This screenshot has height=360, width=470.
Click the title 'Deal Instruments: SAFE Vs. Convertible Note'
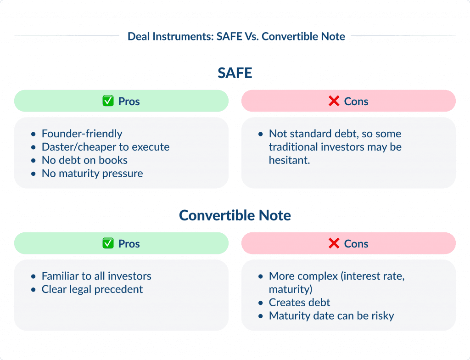click(x=236, y=36)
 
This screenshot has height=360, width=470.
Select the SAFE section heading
click(x=235, y=73)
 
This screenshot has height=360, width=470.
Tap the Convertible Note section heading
click(x=235, y=215)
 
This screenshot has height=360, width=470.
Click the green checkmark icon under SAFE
click(x=108, y=101)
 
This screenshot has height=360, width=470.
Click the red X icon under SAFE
click(x=334, y=101)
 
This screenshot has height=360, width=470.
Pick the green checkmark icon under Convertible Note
click(x=108, y=243)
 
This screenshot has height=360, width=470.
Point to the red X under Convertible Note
click(x=334, y=243)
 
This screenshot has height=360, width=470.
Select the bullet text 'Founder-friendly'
click(x=82, y=134)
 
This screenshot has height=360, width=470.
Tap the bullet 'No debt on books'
click(x=84, y=160)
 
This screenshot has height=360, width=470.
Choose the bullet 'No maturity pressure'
click(x=92, y=174)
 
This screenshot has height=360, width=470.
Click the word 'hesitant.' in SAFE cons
click(x=290, y=160)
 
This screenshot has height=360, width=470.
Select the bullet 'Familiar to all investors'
click(x=96, y=276)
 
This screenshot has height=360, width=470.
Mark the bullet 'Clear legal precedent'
click(x=92, y=289)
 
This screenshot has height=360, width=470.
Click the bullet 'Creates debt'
click(x=299, y=303)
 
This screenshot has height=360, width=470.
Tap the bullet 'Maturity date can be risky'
click(x=331, y=316)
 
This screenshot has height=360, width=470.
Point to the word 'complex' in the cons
click(x=316, y=276)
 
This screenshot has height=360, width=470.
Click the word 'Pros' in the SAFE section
click(x=129, y=101)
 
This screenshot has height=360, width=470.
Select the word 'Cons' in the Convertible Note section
click(x=356, y=243)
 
